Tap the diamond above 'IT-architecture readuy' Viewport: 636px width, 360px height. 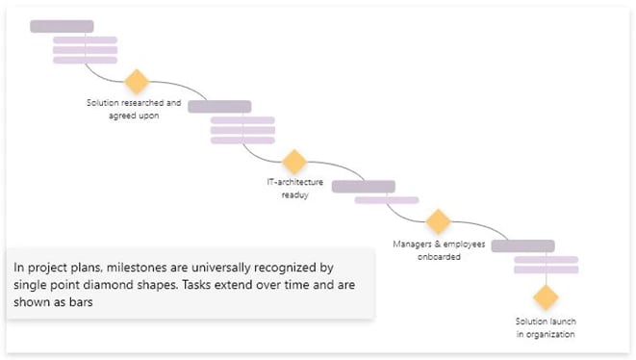[x=293, y=162]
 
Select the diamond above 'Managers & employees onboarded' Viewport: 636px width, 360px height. [x=438, y=221]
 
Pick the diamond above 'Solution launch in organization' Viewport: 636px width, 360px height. [x=546, y=297]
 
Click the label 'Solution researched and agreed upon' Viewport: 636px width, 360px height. [x=134, y=108]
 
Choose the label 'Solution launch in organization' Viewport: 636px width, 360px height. [x=546, y=327]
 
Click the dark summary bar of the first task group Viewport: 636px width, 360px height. [x=62, y=26]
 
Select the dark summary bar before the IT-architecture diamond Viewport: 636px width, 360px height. [x=218, y=106]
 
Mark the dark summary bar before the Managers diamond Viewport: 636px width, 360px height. [x=364, y=186]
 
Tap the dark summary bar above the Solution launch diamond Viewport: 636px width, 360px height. [x=522, y=245]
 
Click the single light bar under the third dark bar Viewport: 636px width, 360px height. [x=386, y=200]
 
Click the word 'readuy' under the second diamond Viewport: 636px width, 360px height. [x=294, y=193]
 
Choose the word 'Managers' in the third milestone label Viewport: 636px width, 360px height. [x=415, y=244]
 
